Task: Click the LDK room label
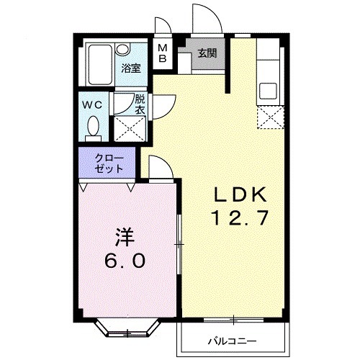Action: click(x=240, y=195)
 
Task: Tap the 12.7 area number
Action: click(x=240, y=217)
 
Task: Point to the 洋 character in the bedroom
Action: click(x=122, y=235)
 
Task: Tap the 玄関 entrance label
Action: click(x=207, y=53)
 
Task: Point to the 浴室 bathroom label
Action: click(x=130, y=69)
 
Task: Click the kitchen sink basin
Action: click(x=269, y=92)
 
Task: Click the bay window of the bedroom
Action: click(x=127, y=328)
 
